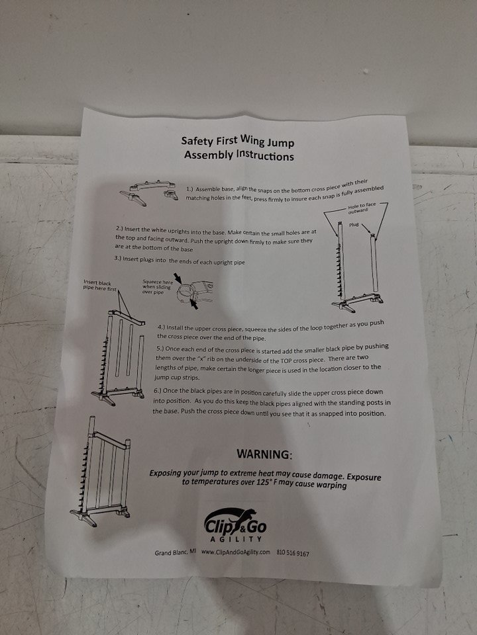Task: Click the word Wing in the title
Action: click(x=252, y=140)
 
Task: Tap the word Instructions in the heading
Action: click(x=265, y=155)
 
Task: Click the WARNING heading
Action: click(x=264, y=454)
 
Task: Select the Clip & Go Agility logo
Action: click(x=235, y=525)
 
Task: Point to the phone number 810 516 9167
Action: click(x=293, y=553)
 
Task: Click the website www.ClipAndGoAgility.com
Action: click(x=236, y=552)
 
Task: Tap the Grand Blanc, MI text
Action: click(x=175, y=552)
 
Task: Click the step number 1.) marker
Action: click(x=190, y=189)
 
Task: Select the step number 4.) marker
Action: click(x=161, y=327)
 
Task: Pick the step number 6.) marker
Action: click(x=158, y=390)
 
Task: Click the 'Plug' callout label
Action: click(x=354, y=224)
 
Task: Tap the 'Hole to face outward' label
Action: click(x=362, y=208)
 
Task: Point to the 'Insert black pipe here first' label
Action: click(x=100, y=285)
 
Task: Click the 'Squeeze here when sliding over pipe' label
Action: click(x=158, y=286)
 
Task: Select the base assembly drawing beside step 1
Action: click(x=149, y=192)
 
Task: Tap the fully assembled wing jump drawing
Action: click(x=100, y=471)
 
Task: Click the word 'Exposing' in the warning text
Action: click(x=165, y=473)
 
